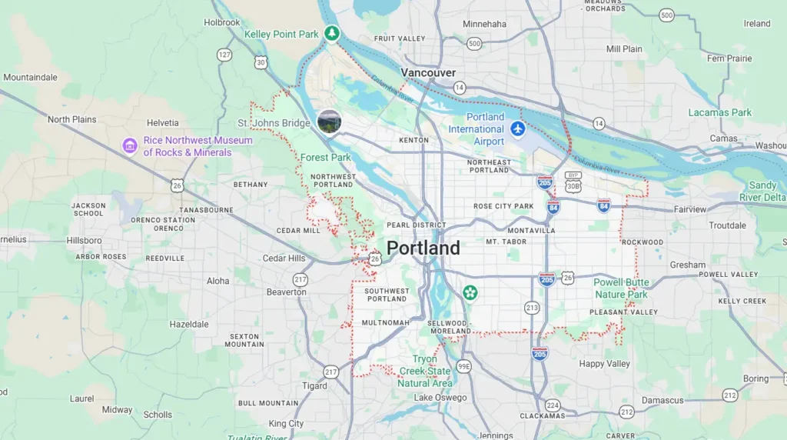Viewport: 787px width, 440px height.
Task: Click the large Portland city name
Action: [x=423, y=248]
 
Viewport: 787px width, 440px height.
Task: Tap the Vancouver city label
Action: [x=428, y=72]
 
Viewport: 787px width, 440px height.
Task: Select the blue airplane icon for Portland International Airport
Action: [x=517, y=128]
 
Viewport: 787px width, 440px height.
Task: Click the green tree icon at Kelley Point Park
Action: [x=331, y=33]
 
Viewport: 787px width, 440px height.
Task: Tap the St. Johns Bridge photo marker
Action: [x=329, y=122]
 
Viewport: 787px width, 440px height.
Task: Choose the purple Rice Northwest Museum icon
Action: [x=130, y=145]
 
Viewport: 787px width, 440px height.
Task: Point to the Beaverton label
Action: [x=286, y=292]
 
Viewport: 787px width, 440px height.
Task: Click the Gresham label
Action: [x=687, y=265]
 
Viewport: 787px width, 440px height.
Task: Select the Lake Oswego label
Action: [x=440, y=398]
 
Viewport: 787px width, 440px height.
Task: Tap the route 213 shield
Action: [x=532, y=308]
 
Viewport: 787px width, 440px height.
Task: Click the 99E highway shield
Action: [x=463, y=366]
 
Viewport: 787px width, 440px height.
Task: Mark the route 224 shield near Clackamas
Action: [x=553, y=405]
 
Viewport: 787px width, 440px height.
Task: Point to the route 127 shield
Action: [x=224, y=55]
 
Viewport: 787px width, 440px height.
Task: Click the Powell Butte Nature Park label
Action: [x=621, y=288]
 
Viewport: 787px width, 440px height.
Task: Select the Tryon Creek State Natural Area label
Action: [x=425, y=371]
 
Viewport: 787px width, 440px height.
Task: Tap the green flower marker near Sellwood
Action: [x=470, y=293]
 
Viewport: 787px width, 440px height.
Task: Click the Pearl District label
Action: [x=416, y=225]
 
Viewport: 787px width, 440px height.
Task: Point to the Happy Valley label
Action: [x=604, y=364]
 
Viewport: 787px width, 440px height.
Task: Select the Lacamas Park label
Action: [x=719, y=112]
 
